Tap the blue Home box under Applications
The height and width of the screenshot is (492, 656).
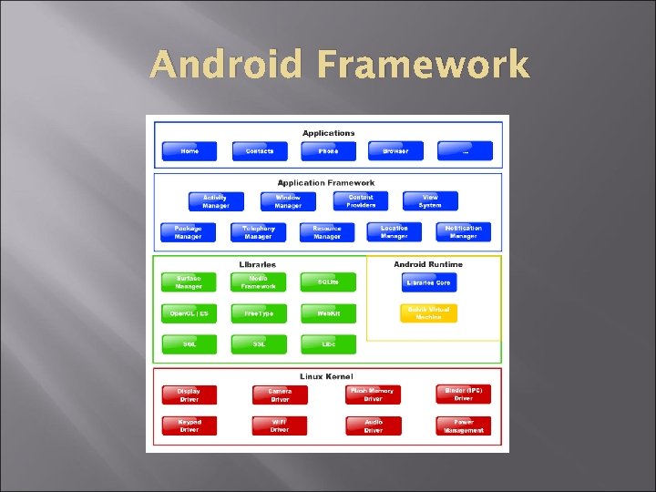pos(190,151)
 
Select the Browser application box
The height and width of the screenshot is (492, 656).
pos(395,151)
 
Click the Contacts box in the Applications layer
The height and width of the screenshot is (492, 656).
pos(260,151)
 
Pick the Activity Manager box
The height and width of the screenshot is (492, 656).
pos(216,201)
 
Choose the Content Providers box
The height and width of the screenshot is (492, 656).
pos(361,201)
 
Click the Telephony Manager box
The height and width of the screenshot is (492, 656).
pos(258,232)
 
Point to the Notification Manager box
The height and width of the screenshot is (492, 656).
pos(463,232)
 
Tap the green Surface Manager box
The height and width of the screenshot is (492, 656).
pos(189,282)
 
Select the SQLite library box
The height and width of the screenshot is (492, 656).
pos(328,282)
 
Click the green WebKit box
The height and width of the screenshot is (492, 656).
pos(328,313)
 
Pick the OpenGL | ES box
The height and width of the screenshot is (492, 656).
pos(189,313)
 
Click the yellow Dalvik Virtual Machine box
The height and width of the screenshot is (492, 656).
pos(428,313)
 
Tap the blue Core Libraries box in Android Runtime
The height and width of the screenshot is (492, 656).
pos(428,282)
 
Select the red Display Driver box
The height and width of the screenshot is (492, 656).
pos(189,395)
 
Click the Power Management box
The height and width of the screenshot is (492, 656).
pos(463,425)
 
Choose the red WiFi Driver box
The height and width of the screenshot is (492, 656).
pos(280,425)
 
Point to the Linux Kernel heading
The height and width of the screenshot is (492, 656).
pos(326,376)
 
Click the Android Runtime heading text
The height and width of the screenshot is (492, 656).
pos(428,264)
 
